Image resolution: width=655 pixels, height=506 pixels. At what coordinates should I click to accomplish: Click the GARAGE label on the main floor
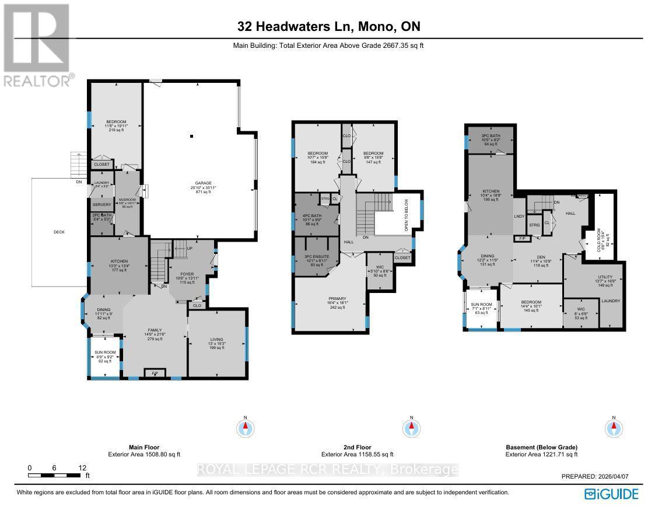pos(203,183)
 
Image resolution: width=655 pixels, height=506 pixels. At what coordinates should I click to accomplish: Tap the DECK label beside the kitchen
pos(58,232)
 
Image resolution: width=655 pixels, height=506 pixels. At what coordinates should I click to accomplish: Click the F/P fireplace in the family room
pos(155,372)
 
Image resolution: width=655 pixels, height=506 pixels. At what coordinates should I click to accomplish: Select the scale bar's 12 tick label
pos(83,467)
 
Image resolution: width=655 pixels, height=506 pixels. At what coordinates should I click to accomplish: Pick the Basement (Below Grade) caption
pos(541,447)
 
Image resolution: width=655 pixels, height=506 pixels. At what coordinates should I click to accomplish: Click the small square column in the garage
pos(191,137)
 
